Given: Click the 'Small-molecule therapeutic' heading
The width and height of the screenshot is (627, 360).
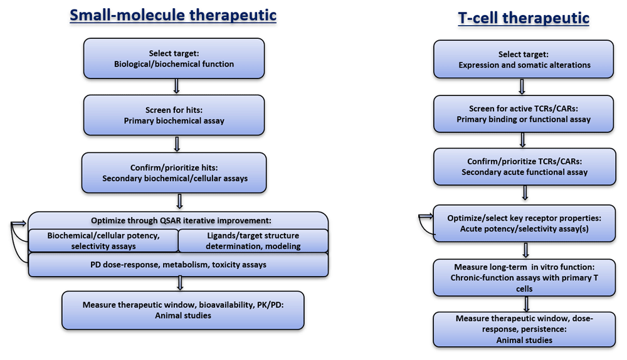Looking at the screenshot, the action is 173,15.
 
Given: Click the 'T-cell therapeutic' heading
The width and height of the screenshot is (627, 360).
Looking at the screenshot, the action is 524,18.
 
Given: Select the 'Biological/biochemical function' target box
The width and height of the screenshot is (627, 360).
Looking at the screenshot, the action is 174,58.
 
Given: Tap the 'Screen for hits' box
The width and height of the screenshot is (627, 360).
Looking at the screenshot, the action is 174,115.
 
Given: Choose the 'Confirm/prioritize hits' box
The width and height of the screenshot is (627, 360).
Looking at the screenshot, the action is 174,173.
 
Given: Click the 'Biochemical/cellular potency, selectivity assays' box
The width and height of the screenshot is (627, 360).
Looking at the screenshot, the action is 103,241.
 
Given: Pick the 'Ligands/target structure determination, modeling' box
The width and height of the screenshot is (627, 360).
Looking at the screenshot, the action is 253,241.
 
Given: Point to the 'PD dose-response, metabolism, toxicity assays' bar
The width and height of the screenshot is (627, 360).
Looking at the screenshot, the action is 178,265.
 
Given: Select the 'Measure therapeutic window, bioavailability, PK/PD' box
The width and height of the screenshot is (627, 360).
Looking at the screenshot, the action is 182,310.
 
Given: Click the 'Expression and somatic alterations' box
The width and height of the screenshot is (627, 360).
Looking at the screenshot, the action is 524,59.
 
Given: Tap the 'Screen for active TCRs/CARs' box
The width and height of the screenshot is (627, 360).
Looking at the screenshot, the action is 524,114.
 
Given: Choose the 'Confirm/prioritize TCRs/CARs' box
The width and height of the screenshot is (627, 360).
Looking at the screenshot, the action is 525,167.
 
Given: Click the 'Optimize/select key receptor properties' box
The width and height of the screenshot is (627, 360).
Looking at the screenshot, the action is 524,223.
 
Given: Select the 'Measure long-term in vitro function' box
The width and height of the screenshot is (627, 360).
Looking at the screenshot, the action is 524,278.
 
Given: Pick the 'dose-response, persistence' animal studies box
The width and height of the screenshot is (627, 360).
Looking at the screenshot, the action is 524,329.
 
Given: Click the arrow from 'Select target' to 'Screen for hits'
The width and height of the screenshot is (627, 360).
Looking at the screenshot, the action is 176,87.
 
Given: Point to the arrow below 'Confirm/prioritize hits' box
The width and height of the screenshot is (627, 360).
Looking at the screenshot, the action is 179,201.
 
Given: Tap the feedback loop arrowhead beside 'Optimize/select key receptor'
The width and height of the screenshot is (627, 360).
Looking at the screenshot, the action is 426,216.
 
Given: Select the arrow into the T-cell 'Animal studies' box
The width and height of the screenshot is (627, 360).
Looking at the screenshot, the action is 526,304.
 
